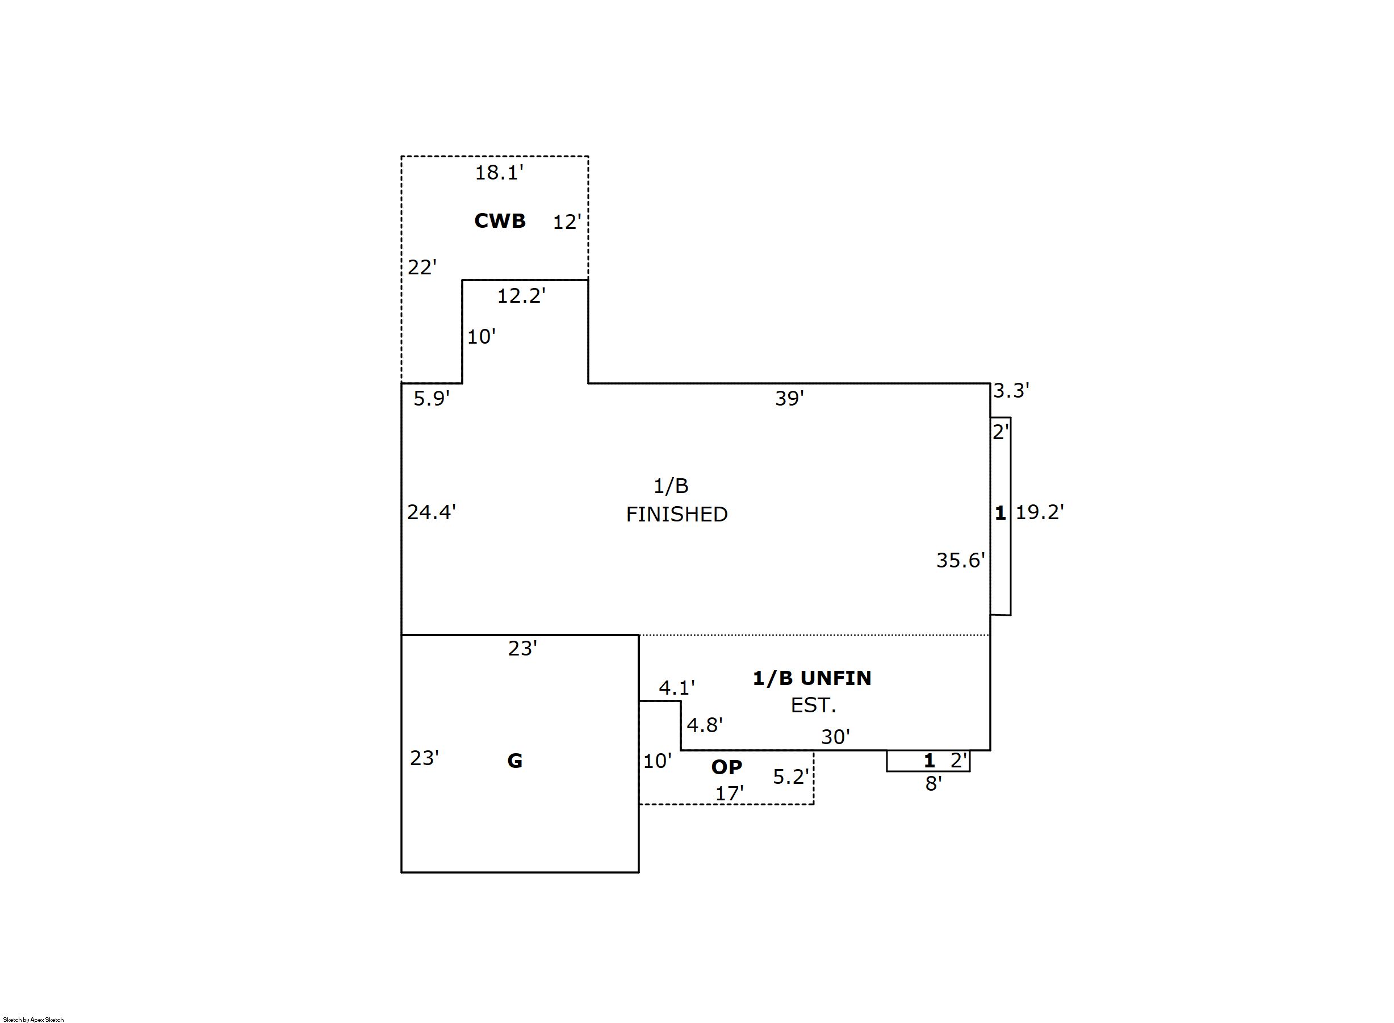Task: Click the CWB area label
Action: point(500,220)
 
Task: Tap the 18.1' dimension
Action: point(499,173)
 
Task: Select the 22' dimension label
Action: point(421,268)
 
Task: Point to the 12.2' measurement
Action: point(521,296)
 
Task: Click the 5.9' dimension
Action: point(432,399)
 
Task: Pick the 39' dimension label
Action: point(789,398)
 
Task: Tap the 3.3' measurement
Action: point(1011,391)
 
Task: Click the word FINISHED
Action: point(677,514)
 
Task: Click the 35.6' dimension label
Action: point(961,561)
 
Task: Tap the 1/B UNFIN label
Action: point(811,678)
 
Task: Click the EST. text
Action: point(813,705)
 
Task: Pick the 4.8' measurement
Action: point(705,725)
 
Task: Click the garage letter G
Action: point(515,761)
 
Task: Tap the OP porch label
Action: point(727,767)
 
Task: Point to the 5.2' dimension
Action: point(790,776)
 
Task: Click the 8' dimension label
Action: point(933,784)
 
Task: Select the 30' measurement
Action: point(836,737)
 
